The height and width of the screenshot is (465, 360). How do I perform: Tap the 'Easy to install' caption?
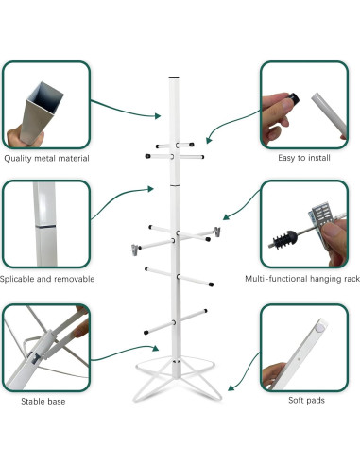303,158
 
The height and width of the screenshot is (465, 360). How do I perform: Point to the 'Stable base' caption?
43,402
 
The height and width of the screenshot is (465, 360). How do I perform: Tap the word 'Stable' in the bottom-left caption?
32,402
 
